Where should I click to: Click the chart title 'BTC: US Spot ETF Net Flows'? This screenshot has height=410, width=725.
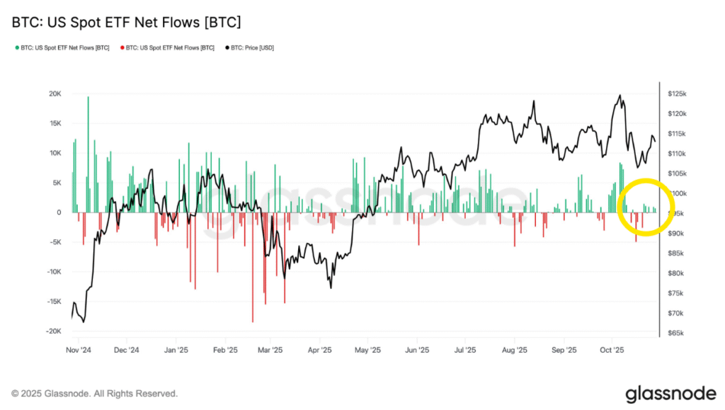point(126,23)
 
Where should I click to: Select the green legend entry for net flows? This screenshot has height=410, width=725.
point(62,47)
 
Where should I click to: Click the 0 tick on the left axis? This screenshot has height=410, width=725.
point(59,212)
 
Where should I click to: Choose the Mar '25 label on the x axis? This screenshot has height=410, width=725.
point(270,350)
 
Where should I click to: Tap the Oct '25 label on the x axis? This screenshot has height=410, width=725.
point(611,350)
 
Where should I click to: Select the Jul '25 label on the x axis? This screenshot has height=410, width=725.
point(465,350)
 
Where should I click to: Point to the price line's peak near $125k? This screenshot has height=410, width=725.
point(620,96)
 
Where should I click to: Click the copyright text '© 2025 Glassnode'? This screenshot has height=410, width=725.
point(94,393)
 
